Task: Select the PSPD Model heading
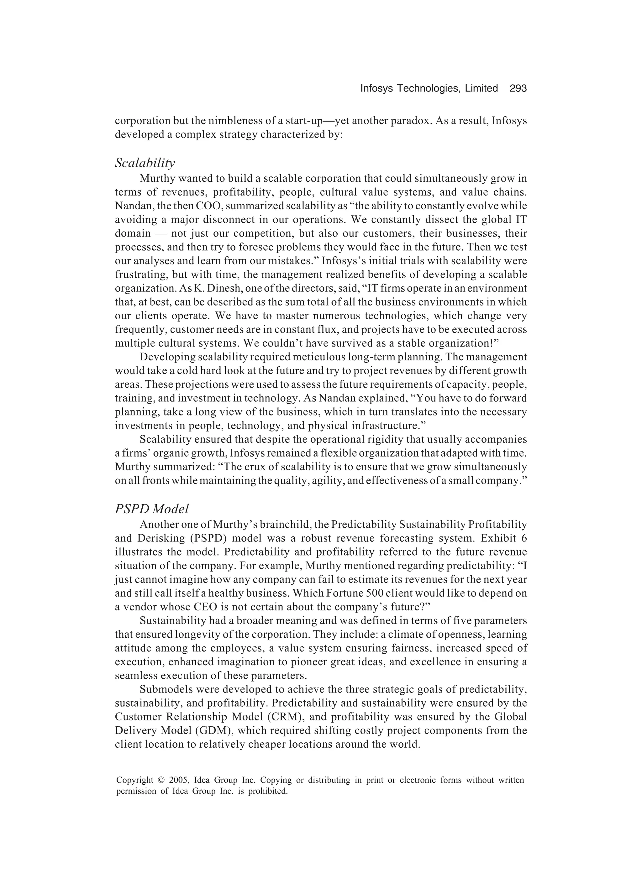tap(151, 509)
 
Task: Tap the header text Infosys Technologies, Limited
tap(429, 89)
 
